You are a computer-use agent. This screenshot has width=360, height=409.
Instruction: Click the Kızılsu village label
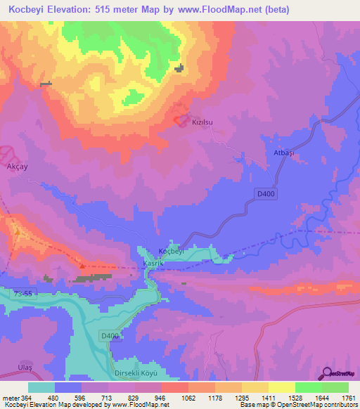coord(202,122)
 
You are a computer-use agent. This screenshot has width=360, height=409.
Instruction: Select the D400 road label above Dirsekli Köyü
coord(110,337)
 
